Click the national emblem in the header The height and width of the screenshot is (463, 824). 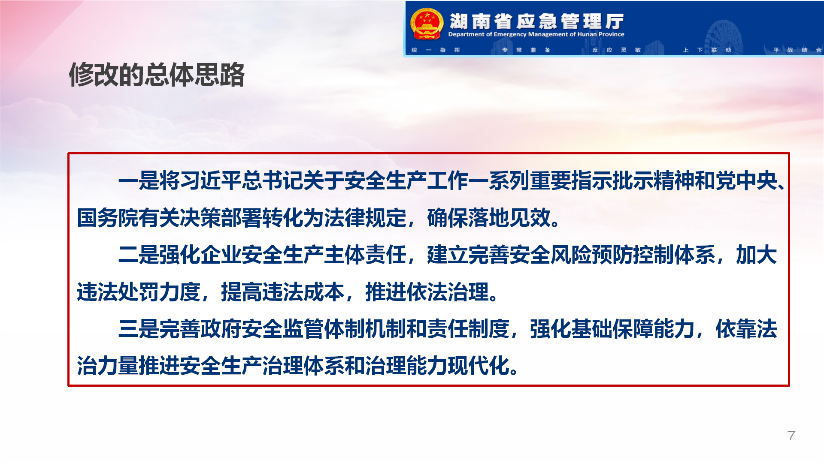(x=427, y=24)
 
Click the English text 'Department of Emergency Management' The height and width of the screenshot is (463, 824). (x=508, y=34)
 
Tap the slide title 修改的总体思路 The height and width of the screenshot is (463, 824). (x=157, y=75)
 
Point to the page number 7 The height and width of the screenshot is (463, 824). (x=791, y=436)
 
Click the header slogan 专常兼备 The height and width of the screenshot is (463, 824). (x=526, y=50)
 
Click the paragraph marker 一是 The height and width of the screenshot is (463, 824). (x=139, y=180)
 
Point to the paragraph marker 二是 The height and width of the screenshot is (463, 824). (x=139, y=255)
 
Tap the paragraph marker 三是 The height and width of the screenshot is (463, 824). (x=139, y=329)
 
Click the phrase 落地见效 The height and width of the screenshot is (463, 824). (x=509, y=218)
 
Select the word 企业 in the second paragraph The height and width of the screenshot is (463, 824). (x=221, y=255)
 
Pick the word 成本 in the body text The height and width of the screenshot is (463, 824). (x=324, y=292)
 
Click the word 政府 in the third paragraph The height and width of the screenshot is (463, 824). (x=221, y=329)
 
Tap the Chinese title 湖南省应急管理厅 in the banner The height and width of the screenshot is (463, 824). (x=536, y=21)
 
